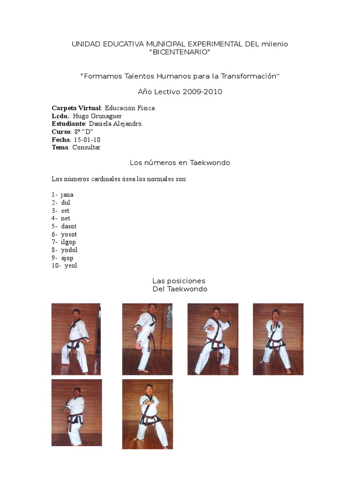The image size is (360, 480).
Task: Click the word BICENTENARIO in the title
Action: click(180, 52)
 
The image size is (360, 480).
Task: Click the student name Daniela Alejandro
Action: click(116, 124)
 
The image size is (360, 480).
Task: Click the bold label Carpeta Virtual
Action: click(76, 108)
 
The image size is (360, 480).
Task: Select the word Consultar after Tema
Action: click(87, 147)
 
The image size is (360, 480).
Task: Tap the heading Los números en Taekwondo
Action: click(180, 163)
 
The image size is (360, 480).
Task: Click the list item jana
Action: click(67, 195)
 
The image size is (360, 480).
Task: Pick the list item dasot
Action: click(69, 226)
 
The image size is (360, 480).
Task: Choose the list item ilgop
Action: click(68, 242)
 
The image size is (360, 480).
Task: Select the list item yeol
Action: click(72, 266)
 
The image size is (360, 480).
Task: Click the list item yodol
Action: click(69, 250)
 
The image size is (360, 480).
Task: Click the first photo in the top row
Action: click(76, 339)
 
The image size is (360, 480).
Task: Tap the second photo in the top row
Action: click(147, 339)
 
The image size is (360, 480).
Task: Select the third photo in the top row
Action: click(213, 339)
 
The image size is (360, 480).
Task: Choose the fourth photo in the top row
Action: click(278, 339)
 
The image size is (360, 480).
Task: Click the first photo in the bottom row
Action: click(76, 412)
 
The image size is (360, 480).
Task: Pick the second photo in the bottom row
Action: click(147, 414)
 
